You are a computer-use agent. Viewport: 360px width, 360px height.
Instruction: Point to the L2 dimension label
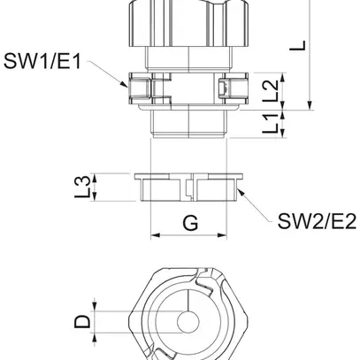click(x=273, y=87)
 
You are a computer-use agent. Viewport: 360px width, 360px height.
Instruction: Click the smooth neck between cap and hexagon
click(x=189, y=55)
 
